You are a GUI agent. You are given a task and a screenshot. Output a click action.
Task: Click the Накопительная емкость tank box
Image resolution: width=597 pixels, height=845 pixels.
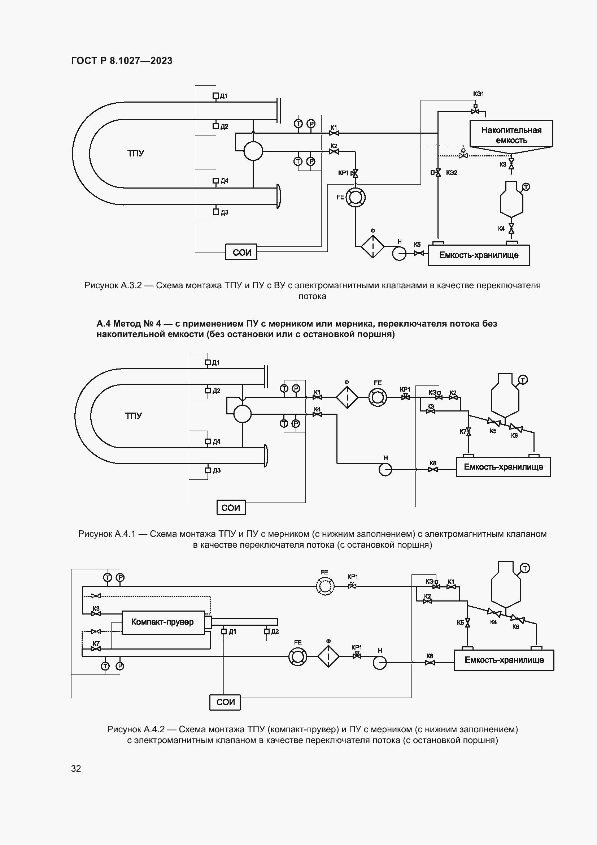pyautogui.click(x=511, y=134)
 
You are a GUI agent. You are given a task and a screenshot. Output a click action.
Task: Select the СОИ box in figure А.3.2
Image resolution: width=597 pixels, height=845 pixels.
pyautogui.click(x=241, y=252)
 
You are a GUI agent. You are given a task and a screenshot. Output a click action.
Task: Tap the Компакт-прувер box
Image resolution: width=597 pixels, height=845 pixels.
pyautogui.click(x=163, y=622)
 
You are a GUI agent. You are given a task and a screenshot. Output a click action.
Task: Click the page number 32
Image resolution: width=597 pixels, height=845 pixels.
pyautogui.click(x=76, y=768)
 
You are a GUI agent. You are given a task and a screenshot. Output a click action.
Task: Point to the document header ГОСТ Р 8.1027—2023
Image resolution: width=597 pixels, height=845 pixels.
pyautogui.click(x=122, y=61)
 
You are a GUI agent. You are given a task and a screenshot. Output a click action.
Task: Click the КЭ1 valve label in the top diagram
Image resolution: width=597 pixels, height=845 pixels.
pyautogui.click(x=478, y=94)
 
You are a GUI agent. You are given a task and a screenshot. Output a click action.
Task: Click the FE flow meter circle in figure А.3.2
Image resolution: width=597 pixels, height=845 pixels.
pyautogui.click(x=355, y=197)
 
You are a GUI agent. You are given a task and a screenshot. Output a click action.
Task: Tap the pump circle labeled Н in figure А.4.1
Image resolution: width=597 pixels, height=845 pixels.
pyautogui.click(x=385, y=469)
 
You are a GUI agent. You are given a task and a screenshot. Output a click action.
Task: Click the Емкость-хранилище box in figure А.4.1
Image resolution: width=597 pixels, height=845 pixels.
pyautogui.click(x=503, y=467)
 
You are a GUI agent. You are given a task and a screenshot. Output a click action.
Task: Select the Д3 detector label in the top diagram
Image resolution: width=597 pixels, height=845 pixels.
pyautogui.click(x=224, y=212)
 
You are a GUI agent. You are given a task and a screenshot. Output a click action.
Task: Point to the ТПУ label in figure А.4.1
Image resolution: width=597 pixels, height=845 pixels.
pyautogui.click(x=134, y=416)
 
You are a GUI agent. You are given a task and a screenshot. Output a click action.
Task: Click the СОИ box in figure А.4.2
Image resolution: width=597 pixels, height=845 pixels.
pyautogui.click(x=225, y=702)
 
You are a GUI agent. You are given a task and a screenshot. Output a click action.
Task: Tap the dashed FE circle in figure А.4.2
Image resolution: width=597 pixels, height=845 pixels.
pyautogui.click(x=325, y=586)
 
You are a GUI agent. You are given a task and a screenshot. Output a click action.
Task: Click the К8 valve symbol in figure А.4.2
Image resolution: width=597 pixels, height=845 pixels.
pyautogui.click(x=430, y=663)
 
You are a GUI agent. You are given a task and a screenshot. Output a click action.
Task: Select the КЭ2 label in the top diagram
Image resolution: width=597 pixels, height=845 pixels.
pyautogui.click(x=452, y=173)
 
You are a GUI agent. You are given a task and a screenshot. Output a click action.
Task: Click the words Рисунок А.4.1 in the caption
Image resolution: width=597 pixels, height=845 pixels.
pyautogui.click(x=107, y=534)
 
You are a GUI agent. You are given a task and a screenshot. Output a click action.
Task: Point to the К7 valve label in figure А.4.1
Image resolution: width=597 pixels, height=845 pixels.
pyautogui.click(x=463, y=432)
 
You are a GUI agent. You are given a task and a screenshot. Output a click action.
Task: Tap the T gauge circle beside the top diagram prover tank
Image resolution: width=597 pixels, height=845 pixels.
pyautogui.click(x=526, y=187)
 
